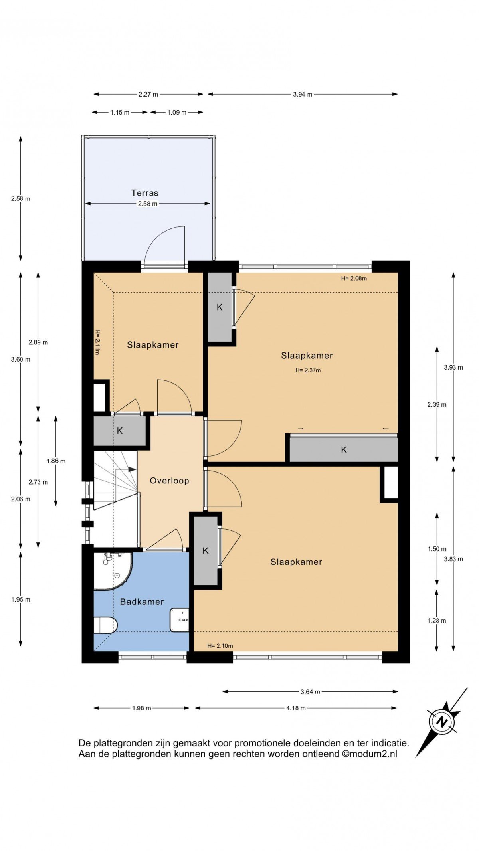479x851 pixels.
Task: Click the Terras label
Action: (145, 193)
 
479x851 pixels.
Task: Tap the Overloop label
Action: (169, 481)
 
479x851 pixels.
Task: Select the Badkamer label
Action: (142, 602)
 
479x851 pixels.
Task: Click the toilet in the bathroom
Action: (105, 625)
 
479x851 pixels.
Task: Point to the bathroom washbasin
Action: (180, 620)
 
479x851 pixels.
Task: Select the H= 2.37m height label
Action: (308, 370)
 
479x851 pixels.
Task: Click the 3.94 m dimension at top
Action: (303, 94)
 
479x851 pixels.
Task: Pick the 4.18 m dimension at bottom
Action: (296, 708)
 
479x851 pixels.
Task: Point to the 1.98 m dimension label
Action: (142, 708)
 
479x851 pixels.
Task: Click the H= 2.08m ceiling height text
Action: (354, 278)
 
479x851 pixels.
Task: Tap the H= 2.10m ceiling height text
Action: (220, 646)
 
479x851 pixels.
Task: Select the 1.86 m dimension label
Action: (56, 461)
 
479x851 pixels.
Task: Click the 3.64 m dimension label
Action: (310, 691)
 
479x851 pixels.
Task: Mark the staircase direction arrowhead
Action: (132, 469)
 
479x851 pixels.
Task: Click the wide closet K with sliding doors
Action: (344, 449)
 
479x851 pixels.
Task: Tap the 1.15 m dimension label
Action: (120, 112)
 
